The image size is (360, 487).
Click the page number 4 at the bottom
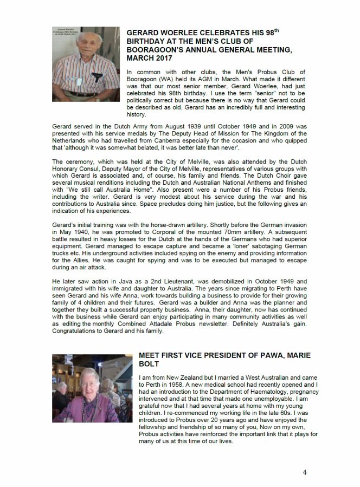pyautogui.click(x=305, y=472)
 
